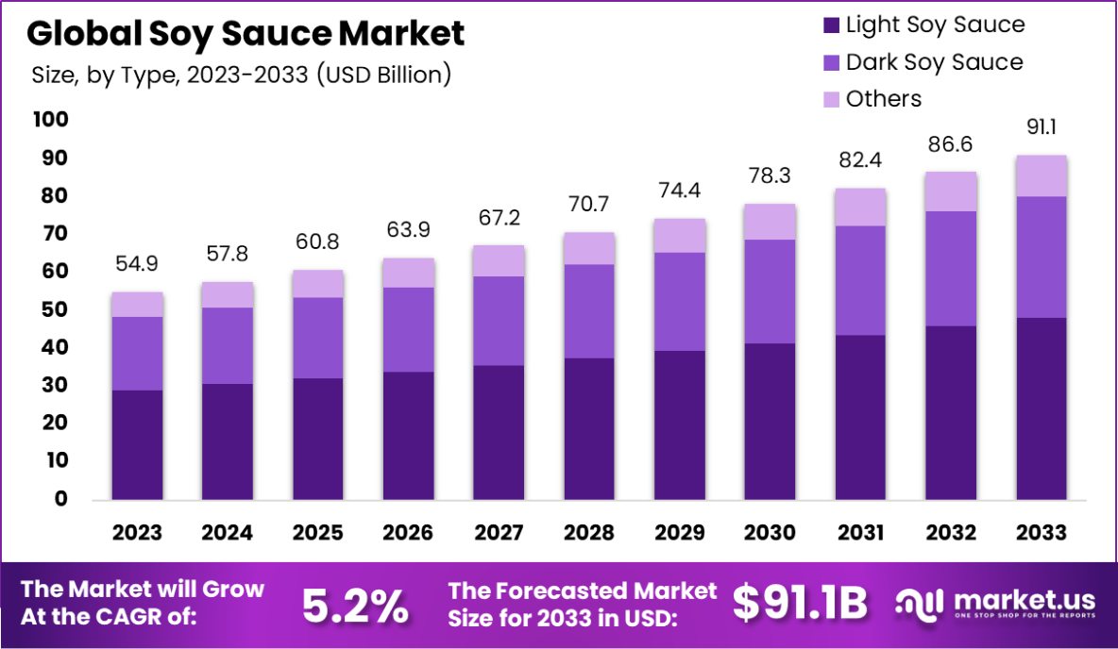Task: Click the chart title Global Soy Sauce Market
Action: click(246, 34)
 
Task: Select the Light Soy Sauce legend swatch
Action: click(831, 25)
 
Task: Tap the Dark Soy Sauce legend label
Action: click(934, 62)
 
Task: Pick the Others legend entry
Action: click(883, 98)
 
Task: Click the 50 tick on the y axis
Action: click(54, 309)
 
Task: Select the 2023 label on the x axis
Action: click(137, 533)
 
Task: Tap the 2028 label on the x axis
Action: click(589, 533)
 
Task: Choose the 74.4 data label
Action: click(680, 191)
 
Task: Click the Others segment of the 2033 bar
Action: click(1042, 176)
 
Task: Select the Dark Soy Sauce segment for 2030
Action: click(770, 291)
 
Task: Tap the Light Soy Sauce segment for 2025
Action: click(317, 439)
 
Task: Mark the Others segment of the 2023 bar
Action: click(137, 305)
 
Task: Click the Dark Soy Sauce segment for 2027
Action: click(499, 321)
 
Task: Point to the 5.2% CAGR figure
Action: click(355, 606)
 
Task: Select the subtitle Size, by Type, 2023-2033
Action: click(241, 75)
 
